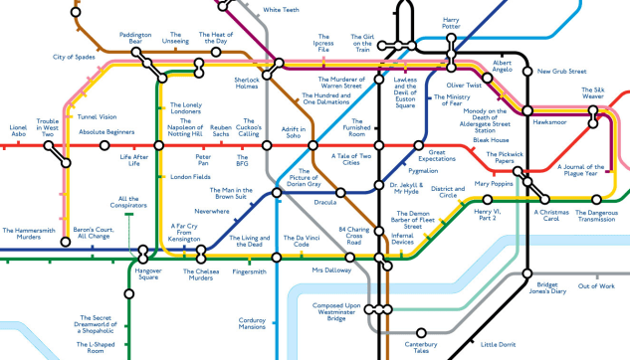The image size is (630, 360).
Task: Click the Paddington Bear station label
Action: click(134, 40)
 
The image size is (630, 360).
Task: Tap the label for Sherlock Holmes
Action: click(247, 83)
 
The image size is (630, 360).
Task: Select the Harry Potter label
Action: click(451, 24)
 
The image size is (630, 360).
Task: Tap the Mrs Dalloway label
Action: click(330, 270)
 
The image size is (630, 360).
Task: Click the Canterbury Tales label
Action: click(421, 348)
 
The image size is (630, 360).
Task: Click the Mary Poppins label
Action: click(494, 184)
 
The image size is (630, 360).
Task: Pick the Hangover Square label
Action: click(148, 274)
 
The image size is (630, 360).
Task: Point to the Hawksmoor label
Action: click(549, 121)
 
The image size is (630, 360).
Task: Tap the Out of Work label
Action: click(596, 286)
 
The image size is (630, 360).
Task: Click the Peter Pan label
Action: click(203, 161)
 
